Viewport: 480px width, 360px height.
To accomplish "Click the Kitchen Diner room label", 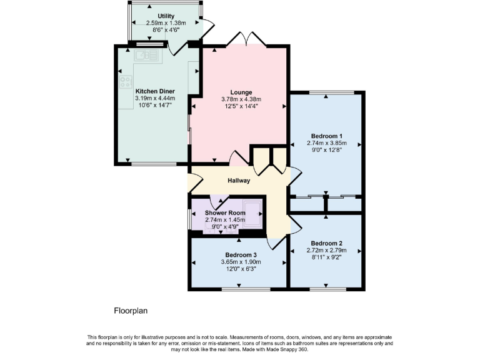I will (154, 91).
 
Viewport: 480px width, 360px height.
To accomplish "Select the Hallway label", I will (239, 181).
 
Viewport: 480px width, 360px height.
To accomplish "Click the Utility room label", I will (166, 16).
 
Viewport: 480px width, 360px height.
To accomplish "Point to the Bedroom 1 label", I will (326, 136).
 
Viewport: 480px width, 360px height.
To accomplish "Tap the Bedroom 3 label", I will (241, 254).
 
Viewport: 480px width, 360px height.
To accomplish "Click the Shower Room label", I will (225, 212).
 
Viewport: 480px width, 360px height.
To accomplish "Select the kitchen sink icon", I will (147, 56).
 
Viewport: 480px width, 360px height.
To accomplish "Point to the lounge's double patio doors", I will (246, 39).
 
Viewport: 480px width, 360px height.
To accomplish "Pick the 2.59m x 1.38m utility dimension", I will (166, 23).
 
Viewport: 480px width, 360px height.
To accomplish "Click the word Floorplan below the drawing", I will (131, 310).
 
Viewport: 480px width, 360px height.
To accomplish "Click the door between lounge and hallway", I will (238, 159).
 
